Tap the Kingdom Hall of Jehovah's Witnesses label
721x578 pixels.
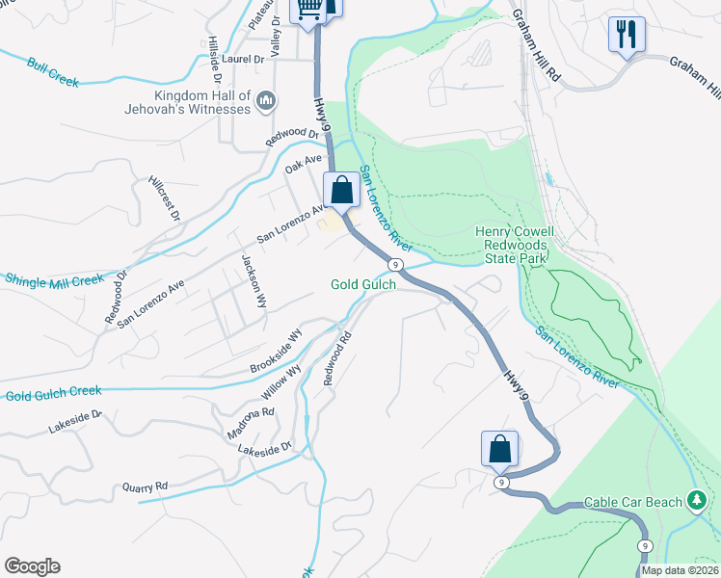click(200, 103)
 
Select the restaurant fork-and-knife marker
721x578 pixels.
click(627, 35)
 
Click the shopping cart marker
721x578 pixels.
click(308, 10)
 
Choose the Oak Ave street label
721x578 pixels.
click(303, 164)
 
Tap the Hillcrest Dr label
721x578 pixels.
click(165, 197)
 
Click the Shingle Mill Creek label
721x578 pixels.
click(54, 279)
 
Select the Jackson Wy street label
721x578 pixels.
click(253, 280)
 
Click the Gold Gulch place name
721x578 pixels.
click(363, 284)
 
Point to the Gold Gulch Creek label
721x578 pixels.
click(53, 394)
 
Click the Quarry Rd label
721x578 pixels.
click(145, 486)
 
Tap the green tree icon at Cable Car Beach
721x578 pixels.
click(696, 501)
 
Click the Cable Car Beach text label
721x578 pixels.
click(632, 503)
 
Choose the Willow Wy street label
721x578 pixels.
click(280, 381)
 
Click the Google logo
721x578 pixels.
click(32, 566)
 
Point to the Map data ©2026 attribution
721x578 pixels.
click(679, 570)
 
